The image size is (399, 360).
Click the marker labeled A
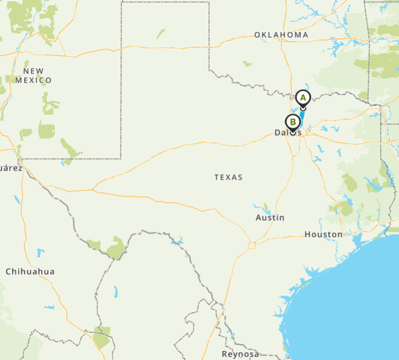pos(303,98)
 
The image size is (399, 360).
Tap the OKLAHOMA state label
pos(281,35)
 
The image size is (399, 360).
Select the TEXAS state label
pos(229,177)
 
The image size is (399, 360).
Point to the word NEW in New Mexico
pos(33,71)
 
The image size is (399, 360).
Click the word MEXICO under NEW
pos(33,80)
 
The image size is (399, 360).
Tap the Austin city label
pos(270,218)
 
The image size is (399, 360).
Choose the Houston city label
pos(323,234)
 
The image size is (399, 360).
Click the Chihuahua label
pos(30,271)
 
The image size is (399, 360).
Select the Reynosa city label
pos(241,354)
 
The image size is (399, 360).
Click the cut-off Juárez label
pos(10,168)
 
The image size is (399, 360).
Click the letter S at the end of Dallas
pos(299,133)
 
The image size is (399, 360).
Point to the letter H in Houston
pos(307,234)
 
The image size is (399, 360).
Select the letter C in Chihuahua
pos(8,271)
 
